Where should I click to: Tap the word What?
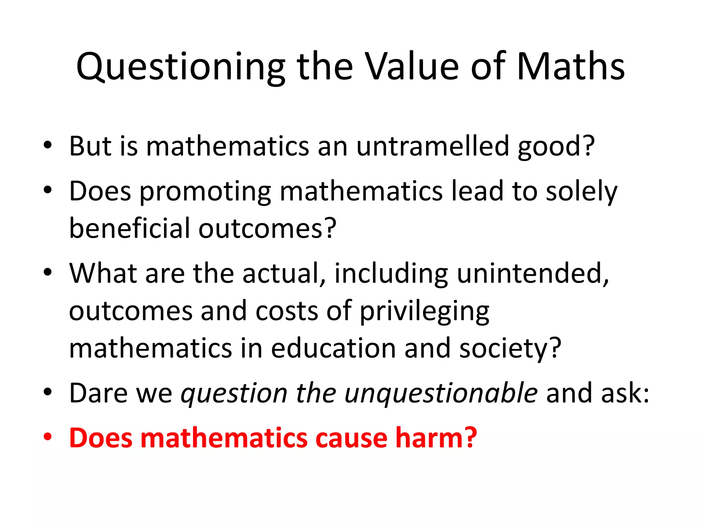point(103,273)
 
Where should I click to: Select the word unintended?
point(533,273)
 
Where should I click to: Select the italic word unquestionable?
point(441,393)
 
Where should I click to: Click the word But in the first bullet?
point(90,146)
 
